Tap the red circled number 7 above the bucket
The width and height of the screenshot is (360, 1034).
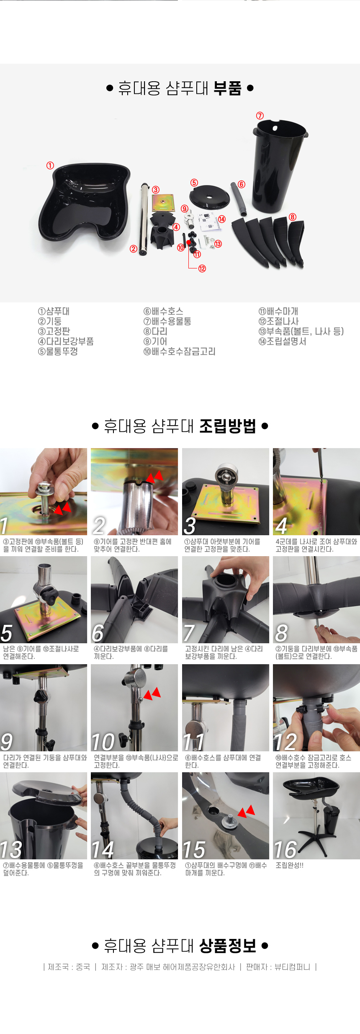pyautogui.click(x=260, y=116)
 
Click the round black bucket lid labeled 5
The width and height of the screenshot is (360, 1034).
pyautogui.click(x=209, y=196)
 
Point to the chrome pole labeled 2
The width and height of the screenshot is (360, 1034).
pyautogui.click(x=144, y=219)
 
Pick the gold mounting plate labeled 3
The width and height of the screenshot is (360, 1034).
pyautogui.click(x=163, y=203)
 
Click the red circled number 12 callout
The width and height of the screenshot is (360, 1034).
pyautogui.click(x=202, y=268)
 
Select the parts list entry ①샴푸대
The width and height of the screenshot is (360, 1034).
pyautogui.click(x=54, y=311)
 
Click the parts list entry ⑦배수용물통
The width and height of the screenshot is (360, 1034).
pyautogui.click(x=167, y=321)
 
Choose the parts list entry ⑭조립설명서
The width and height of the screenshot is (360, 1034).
pyautogui.click(x=282, y=341)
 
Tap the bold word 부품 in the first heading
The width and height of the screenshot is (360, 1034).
pyautogui.click(x=227, y=88)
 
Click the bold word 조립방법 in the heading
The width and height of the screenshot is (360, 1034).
pyautogui.click(x=227, y=426)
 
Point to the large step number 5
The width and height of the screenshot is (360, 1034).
pyautogui.click(x=7, y=633)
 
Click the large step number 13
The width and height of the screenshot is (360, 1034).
pyautogui.click(x=11, y=850)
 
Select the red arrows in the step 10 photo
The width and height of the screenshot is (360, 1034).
pyautogui.click(x=152, y=694)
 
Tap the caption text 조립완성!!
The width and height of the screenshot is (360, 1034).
pyautogui.click(x=289, y=865)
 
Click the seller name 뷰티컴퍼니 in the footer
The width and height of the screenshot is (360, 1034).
pyautogui.click(x=292, y=967)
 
